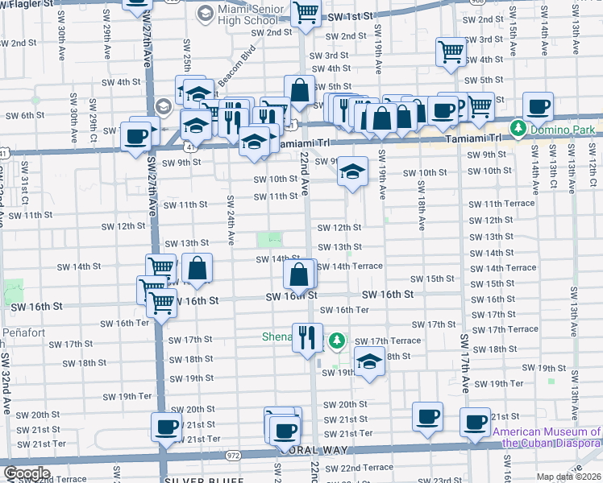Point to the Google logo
click(x=26, y=473)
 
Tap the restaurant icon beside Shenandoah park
click(x=306, y=336)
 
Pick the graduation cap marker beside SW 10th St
click(x=351, y=172)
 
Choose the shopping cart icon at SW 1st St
click(x=306, y=12)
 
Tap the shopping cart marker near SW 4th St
click(x=451, y=52)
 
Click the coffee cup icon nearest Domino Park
click(x=538, y=106)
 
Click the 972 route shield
click(x=231, y=456)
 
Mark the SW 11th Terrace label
click(x=507, y=204)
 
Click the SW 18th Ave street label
click(x=422, y=205)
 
